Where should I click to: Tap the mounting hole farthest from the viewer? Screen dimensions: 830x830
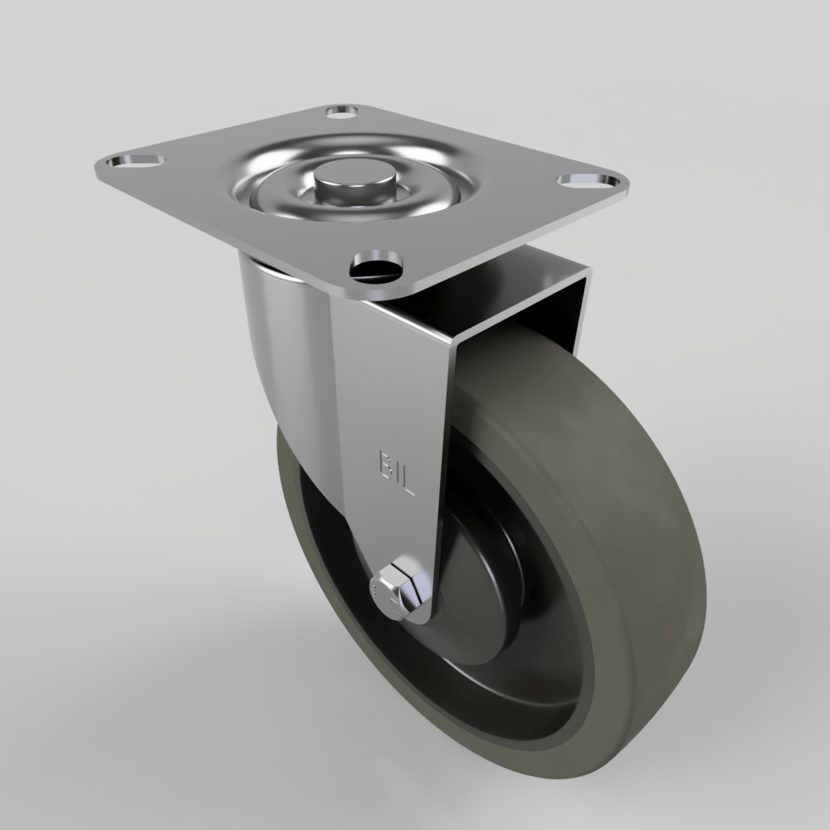click(x=342, y=110)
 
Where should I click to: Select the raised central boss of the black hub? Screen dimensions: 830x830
click(x=465, y=581)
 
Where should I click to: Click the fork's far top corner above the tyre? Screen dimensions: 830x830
click(x=585, y=274)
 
